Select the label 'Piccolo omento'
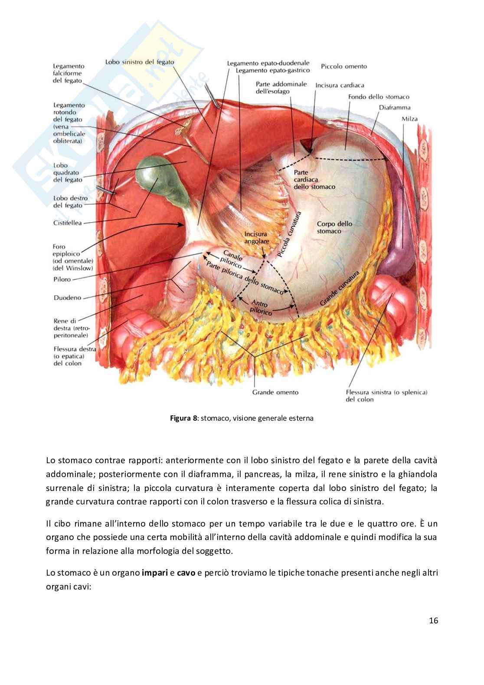pyautogui.click(x=344, y=66)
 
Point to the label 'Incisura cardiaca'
pyautogui.click(x=340, y=85)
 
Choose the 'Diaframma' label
pyautogui.click(x=394, y=107)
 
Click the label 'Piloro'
pyautogui.click(x=62, y=279)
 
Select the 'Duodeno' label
pyautogui.click(x=66, y=298)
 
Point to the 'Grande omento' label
pyautogui.click(x=275, y=392)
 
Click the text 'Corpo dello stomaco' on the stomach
pyautogui.click(x=334, y=227)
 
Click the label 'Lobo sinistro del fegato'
pyautogui.click(x=140, y=62)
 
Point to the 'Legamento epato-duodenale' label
pyautogui.click(x=268, y=63)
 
